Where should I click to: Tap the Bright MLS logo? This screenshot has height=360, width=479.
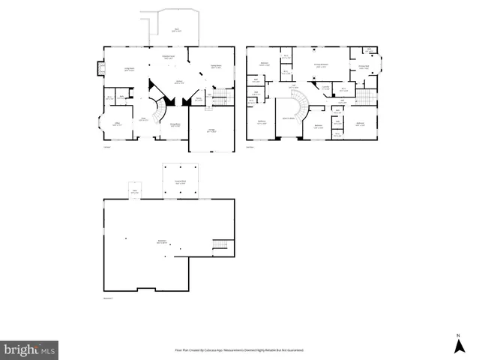tap(29, 349)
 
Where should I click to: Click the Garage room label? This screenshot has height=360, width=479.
tap(211, 130)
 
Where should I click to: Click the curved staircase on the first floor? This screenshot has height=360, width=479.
tap(158, 111)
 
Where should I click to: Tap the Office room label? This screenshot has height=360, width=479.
tap(118, 124)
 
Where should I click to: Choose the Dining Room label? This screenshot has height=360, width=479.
tap(174, 125)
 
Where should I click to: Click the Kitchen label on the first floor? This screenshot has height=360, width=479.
tap(180, 82)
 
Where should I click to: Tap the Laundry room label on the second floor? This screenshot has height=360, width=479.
tap(326, 87)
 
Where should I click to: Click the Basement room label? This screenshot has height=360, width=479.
tap(161, 241)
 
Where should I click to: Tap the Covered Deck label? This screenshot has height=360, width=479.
tap(180, 182)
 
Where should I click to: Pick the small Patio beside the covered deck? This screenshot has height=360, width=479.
tap(135, 190)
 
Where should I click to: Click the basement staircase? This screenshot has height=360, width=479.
tap(220, 245)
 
